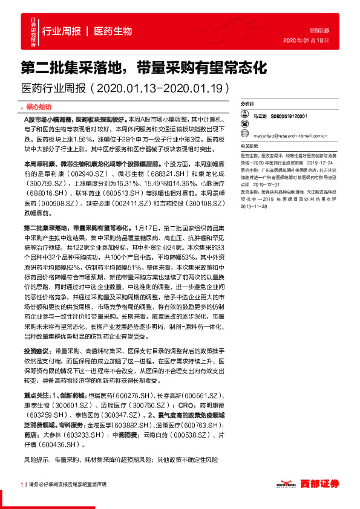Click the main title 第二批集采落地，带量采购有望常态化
coord(143,67)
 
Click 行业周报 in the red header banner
coord(62,31)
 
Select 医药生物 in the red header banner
coord(113,31)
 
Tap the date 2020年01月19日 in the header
coord(306,40)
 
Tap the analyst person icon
coord(245,114)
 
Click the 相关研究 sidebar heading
coord(249,146)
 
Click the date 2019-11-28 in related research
coord(255,206)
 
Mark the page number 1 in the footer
coord(22,484)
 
